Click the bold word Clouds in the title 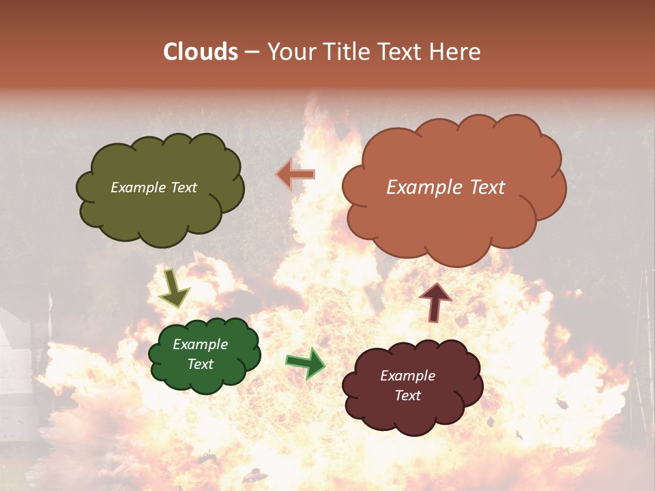[201, 52]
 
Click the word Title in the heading [343, 52]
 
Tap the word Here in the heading [454, 52]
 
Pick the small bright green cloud [205, 382]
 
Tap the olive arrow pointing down [173, 288]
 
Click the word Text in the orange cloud [484, 188]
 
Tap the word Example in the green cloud [200, 344]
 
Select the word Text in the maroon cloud [407, 396]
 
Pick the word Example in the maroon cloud [407, 376]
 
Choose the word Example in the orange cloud [422, 188]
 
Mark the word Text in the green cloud [200, 364]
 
